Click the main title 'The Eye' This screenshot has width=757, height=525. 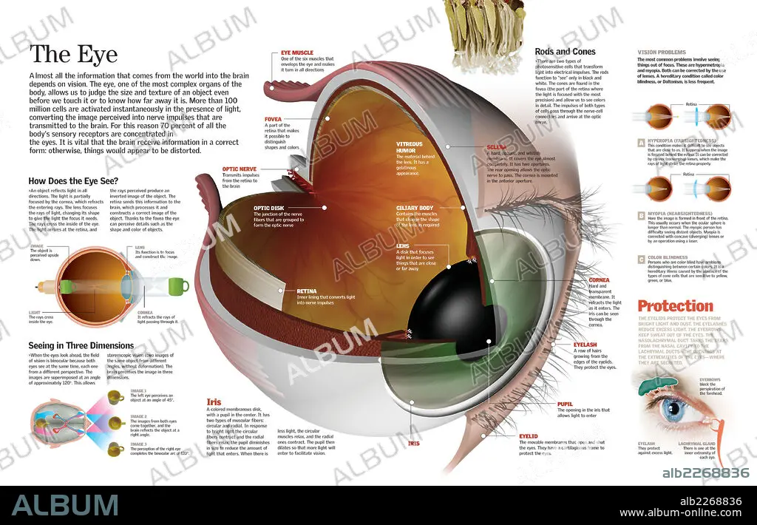pos(73,55)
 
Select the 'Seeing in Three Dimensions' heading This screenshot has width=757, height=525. pos(81,345)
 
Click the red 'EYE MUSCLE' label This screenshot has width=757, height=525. pos(296,52)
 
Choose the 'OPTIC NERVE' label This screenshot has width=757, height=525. pos(240,169)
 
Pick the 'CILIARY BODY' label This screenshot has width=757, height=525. pos(414,208)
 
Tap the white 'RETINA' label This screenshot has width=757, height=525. pos(306,291)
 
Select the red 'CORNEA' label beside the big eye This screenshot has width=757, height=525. pos(599,280)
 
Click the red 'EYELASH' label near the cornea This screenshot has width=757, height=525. pos(585,345)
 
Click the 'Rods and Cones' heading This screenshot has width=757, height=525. pos(565,52)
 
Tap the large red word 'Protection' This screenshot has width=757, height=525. pos(675,306)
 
